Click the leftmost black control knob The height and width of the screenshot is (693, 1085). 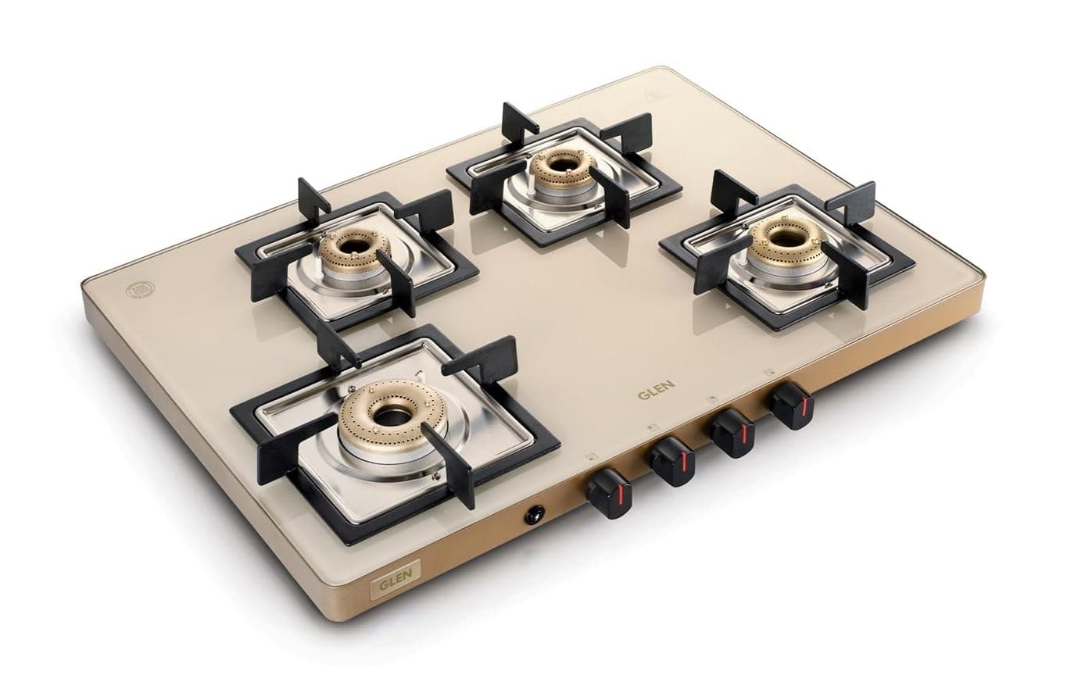tap(610, 493)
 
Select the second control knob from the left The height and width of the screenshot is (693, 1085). tap(674, 462)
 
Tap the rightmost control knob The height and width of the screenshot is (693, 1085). tap(792, 405)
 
